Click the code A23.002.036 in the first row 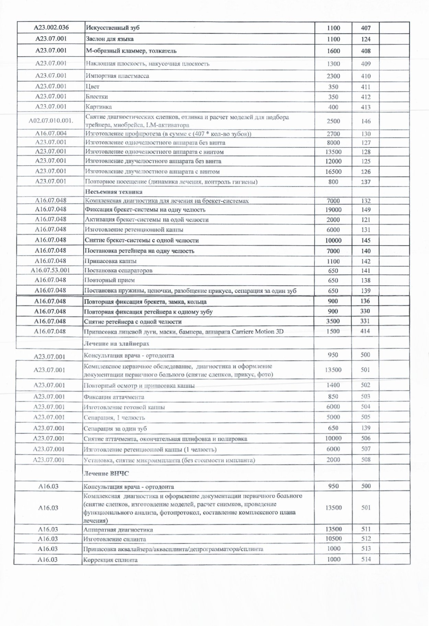pos(51,28)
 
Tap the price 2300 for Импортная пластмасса pos(333,76)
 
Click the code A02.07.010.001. pos(51,121)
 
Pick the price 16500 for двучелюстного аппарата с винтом pos(333,171)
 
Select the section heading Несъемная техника pos(114,192)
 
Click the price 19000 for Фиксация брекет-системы pos(333,209)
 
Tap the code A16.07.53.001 pos(50,270)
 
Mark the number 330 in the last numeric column pos(365,311)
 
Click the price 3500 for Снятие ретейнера pos(333,321)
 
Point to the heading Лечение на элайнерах pos(116,343)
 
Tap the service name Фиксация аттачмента pos(114,397)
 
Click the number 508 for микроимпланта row pos(366,459)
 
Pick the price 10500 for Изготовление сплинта pos(333,539)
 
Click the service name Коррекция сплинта pos(111,560)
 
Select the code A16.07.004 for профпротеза pos(51,133)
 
